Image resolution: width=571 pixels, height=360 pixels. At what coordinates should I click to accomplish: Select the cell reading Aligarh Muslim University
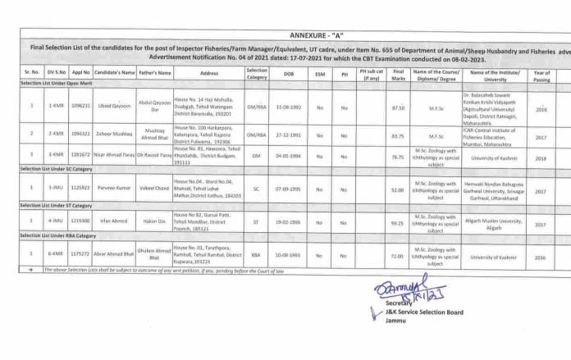click(501, 223)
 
